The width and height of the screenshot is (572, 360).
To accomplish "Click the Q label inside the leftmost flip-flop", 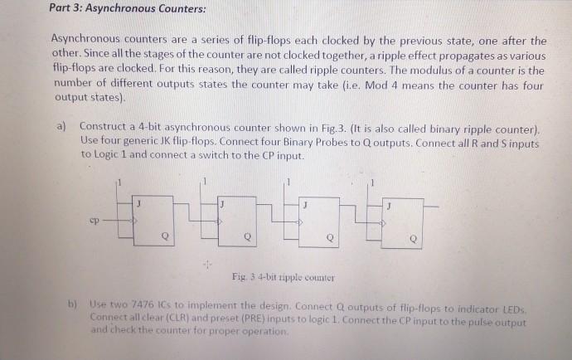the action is [165, 236].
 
